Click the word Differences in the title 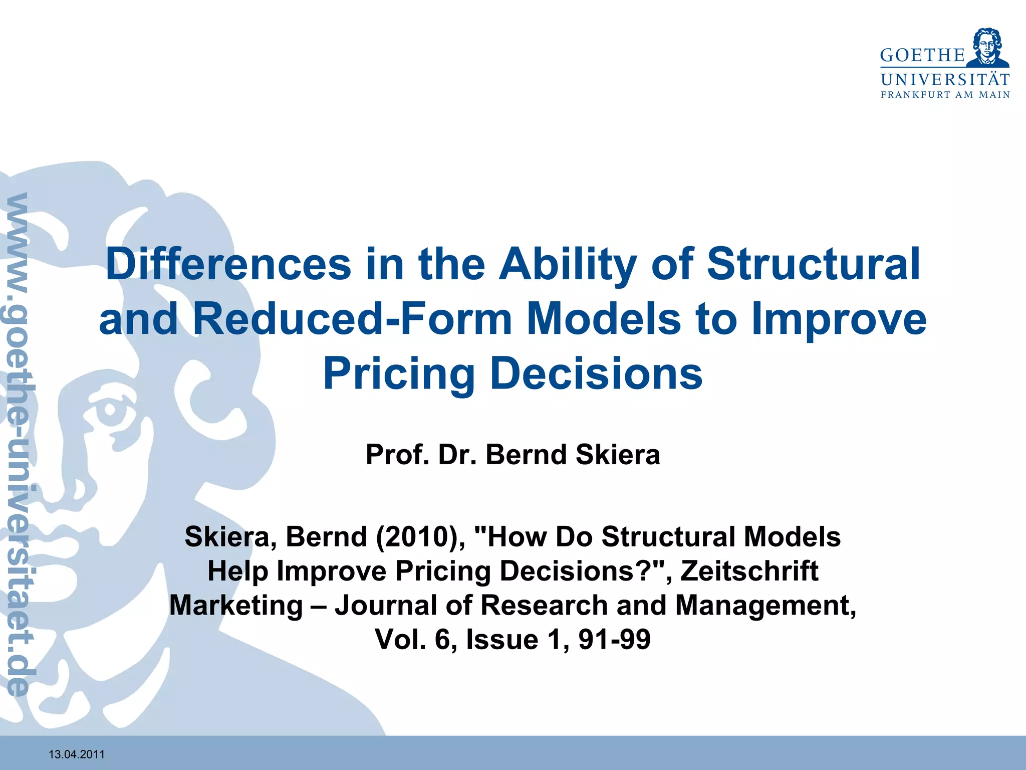[228, 264]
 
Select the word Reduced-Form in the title [352, 319]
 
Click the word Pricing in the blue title [399, 374]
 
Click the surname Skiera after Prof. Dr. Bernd [618, 455]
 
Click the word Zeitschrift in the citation [749, 571]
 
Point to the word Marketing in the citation [236, 605]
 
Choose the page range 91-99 [614, 639]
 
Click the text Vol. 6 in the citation [413, 639]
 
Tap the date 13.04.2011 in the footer [77, 754]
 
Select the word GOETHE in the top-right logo [922, 56]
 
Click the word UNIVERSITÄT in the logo [945, 80]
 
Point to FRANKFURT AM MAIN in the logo [945, 95]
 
